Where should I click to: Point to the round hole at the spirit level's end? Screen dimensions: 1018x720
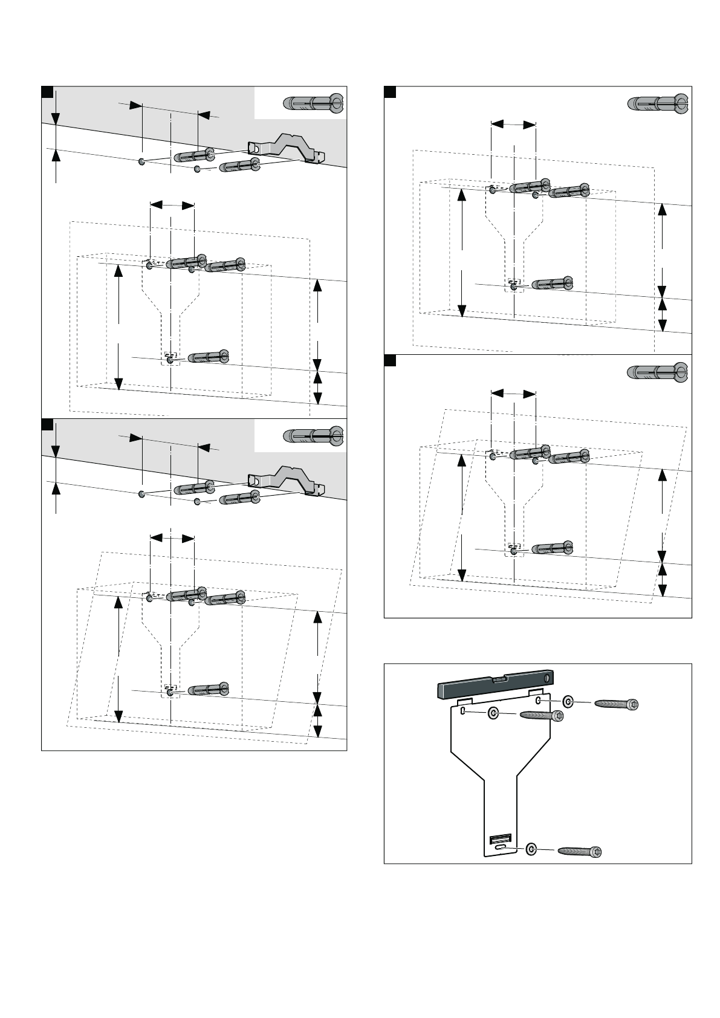(x=547, y=678)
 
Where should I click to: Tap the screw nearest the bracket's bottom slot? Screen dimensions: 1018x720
(x=580, y=851)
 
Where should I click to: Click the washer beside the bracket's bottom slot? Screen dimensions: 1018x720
(x=531, y=849)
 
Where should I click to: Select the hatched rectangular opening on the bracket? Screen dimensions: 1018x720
(x=500, y=838)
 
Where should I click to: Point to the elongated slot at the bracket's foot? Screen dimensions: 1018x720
(x=501, y=849)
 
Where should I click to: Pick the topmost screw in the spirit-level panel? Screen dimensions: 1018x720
(x=617, y=704)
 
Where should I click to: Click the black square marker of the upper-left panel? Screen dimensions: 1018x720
(x=46, y=91)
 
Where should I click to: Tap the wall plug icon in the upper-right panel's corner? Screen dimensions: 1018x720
(x=658, y=104)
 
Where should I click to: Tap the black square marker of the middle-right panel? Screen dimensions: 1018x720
(x=390, y=361)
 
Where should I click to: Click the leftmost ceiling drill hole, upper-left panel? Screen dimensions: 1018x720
(x=141, y=162)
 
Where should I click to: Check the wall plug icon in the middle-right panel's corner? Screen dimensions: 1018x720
(x=658, y=372)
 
